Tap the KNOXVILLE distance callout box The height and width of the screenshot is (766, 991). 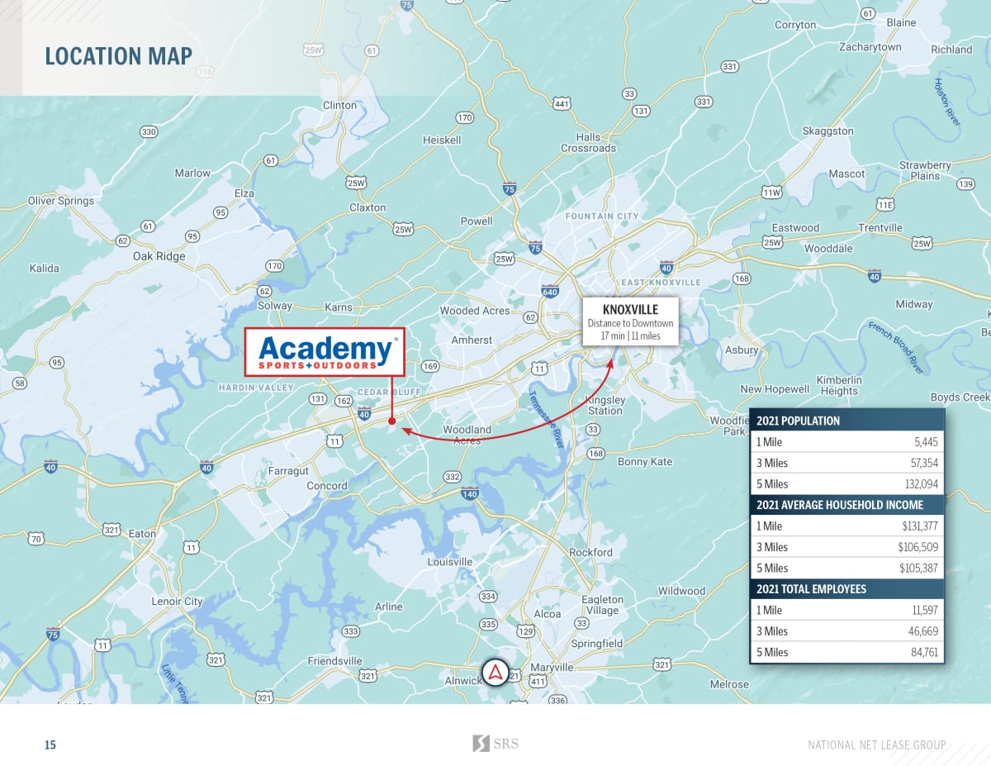click(630, 321)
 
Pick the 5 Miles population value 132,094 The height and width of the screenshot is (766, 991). click(919, 484)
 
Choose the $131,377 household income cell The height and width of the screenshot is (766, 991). click(918, 526)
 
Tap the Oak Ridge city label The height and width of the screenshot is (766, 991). click(159, 256)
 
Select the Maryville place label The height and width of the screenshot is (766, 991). click(552, 667)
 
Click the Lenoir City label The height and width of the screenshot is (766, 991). click(177, 602)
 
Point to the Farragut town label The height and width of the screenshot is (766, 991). click(288, 470)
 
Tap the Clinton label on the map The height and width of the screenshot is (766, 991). click(339, 105)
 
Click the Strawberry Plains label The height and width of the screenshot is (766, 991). click(925, 170)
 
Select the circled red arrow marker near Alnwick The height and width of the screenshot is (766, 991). click(495, 672)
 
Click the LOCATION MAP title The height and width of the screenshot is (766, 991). click(118, 56)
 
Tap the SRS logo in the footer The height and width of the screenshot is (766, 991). click(495, 744)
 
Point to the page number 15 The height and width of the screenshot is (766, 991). click(50, 745)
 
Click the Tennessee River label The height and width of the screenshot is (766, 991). click(547, 417)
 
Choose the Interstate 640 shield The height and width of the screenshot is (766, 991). click(550, 291)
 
